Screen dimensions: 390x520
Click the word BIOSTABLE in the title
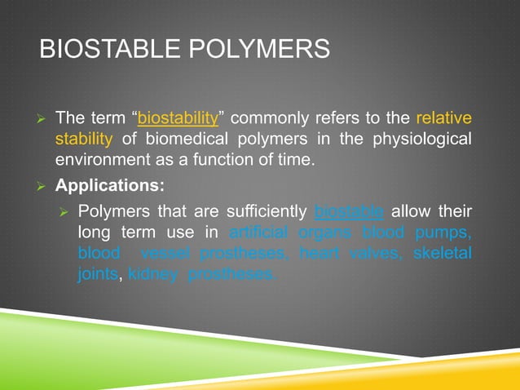click(101, 50)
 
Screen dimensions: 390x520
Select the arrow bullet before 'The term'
click(44, 118)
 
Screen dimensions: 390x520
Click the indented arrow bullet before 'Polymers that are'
click(67, 213)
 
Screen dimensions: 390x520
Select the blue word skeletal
click(443, 254)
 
